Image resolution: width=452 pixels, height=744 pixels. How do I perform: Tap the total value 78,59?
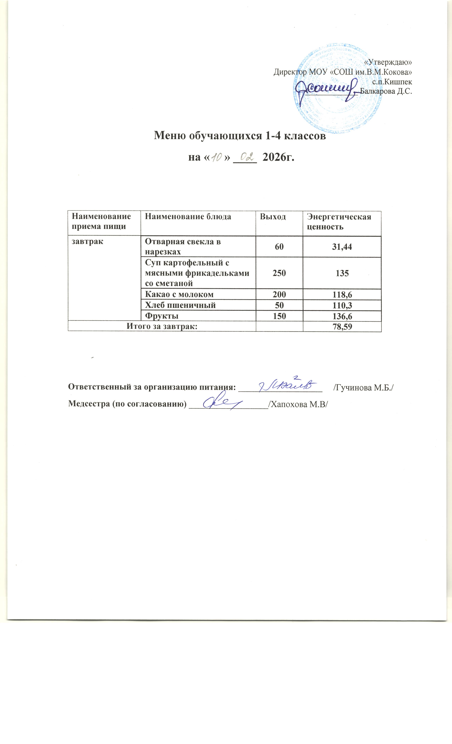pyautogui.click(x=342, y=326)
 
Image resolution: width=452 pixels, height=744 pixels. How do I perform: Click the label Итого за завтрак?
pyautogui.click(x=164, y=326)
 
